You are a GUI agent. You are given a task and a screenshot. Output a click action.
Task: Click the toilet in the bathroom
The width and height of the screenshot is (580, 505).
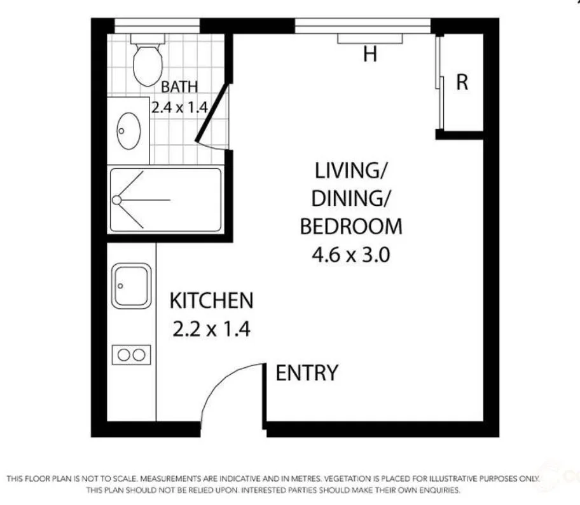(x=148, y=62)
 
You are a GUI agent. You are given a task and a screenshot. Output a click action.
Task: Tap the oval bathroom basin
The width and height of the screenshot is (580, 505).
(x=128, y=130)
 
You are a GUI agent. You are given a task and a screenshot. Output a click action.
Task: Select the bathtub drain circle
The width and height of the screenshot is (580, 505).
(x=116, y=200)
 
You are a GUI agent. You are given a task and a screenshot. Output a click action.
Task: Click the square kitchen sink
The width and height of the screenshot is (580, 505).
(x=132, y=286)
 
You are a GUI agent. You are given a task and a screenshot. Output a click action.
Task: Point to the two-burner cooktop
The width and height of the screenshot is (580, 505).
(x=132, y=354)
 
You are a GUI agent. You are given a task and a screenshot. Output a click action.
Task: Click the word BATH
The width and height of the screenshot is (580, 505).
(x=179, y=86)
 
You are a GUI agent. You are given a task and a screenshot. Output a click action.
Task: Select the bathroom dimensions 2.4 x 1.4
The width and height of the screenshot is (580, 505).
(x=179, y=107)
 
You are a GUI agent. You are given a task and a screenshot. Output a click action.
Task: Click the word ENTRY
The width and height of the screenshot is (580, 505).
(x=307, y=373)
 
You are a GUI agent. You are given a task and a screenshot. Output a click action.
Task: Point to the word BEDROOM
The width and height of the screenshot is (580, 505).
(x=351, y=227)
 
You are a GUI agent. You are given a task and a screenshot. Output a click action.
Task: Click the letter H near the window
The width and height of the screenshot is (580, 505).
(x=370, y=55)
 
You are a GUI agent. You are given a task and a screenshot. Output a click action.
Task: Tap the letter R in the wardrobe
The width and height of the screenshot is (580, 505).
(x=462, y=83)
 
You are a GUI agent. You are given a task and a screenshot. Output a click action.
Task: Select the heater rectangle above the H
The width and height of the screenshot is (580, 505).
(x=370, y=39)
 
